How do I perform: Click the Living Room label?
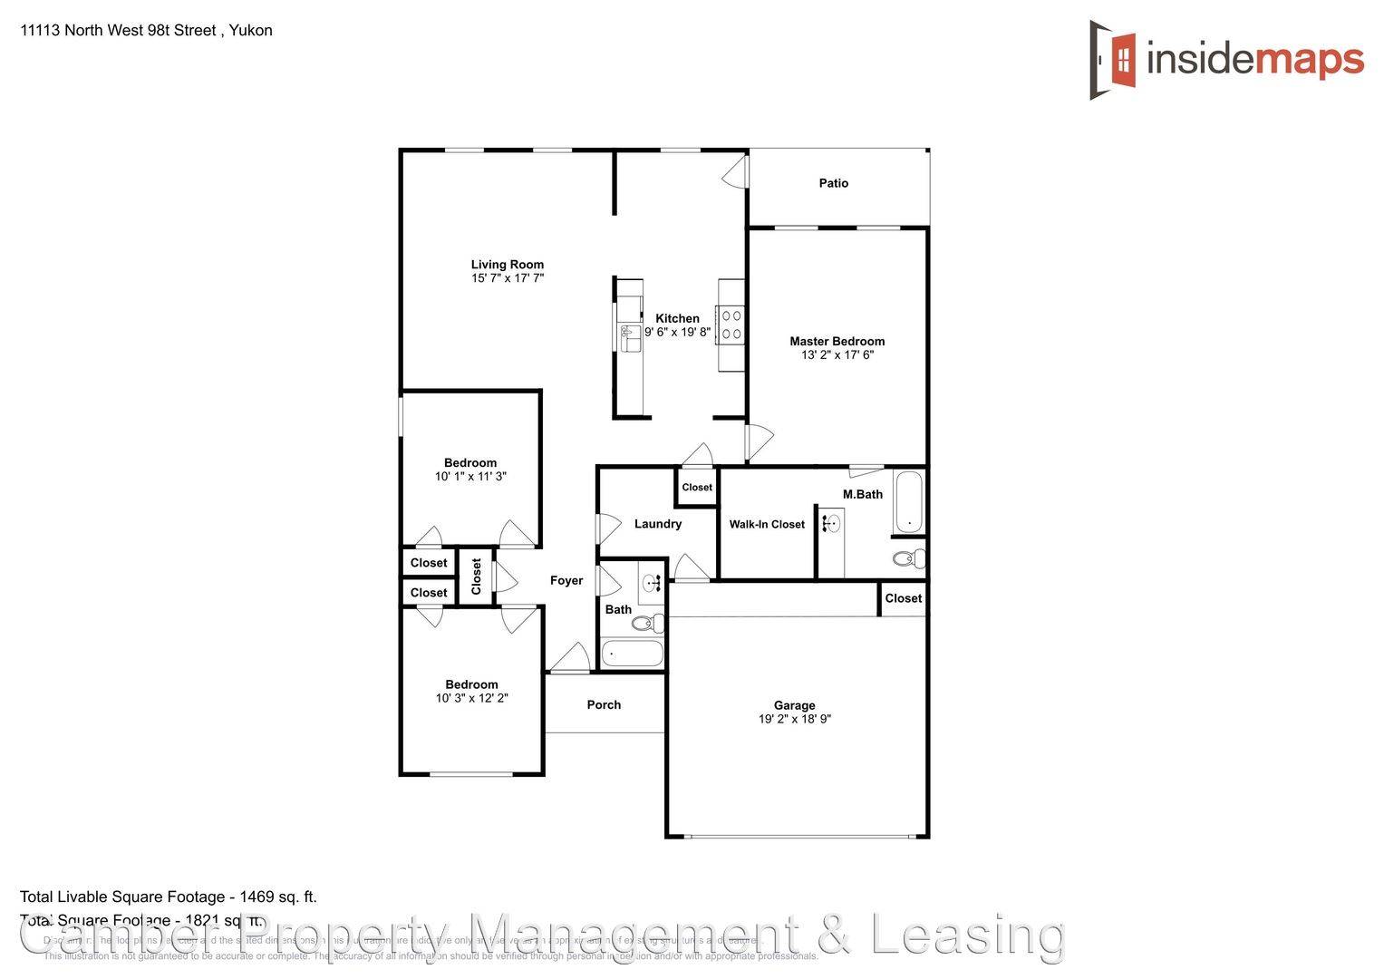(507, 265)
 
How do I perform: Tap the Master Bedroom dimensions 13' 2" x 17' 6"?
(837, 355)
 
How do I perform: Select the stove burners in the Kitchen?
(731, 325)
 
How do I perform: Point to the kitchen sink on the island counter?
(628, 336)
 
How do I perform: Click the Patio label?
(833, 183)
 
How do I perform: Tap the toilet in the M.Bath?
(908, 557)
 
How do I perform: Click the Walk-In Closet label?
(767, 524)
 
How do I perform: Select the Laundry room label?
(657, 524)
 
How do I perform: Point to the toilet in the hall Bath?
(647, 623)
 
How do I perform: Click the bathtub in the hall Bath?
(632, 653)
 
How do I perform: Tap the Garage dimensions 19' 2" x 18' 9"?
(794, 720)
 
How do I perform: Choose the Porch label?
(604, 704)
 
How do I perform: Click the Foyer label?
(566, 580)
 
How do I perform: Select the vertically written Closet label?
(477, 576)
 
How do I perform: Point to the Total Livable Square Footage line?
(169, 897)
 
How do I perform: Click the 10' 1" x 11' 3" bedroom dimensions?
(470, 477)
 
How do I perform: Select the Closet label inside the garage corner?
(903, 598)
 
